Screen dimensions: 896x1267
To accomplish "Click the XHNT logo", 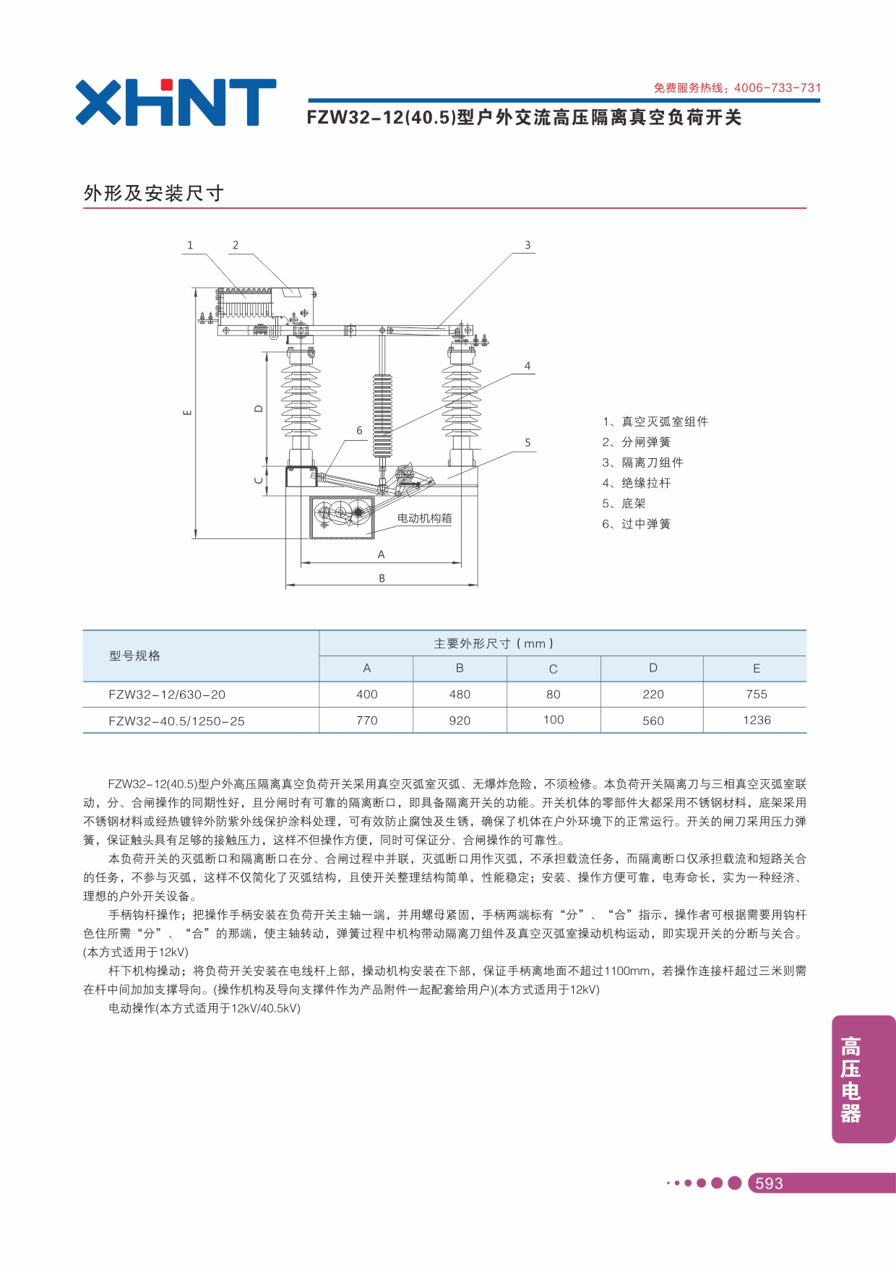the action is point(176,103).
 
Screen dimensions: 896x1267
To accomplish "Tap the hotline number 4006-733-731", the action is point(777,88).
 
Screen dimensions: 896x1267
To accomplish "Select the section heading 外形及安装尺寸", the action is point(154,193).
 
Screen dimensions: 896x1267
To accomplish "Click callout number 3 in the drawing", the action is point(527,245).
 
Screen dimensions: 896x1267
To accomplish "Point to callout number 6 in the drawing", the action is point(359,430).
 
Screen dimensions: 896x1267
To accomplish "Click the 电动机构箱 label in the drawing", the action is point(424,518).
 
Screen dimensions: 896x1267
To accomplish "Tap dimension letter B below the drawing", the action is point(382,578).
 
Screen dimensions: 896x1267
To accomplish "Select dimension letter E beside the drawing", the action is point(188,413).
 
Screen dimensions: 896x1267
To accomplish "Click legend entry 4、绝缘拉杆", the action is point(637,483).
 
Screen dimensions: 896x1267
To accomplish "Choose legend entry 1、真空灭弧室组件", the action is point(655,421).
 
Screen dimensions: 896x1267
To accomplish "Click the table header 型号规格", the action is point(134,656).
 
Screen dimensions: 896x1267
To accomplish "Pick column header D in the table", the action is point(653,668).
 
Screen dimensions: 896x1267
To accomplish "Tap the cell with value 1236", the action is point(757,720).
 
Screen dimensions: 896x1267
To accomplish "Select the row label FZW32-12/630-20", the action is point(167,695).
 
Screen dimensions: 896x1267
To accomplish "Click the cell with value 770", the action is point(367,721).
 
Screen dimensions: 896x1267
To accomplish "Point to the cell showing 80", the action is point(553,695).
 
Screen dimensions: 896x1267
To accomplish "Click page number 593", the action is point(769,1183).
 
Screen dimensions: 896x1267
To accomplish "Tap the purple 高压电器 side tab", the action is point(863,1079).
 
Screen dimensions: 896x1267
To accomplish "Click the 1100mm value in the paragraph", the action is point(627,971).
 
